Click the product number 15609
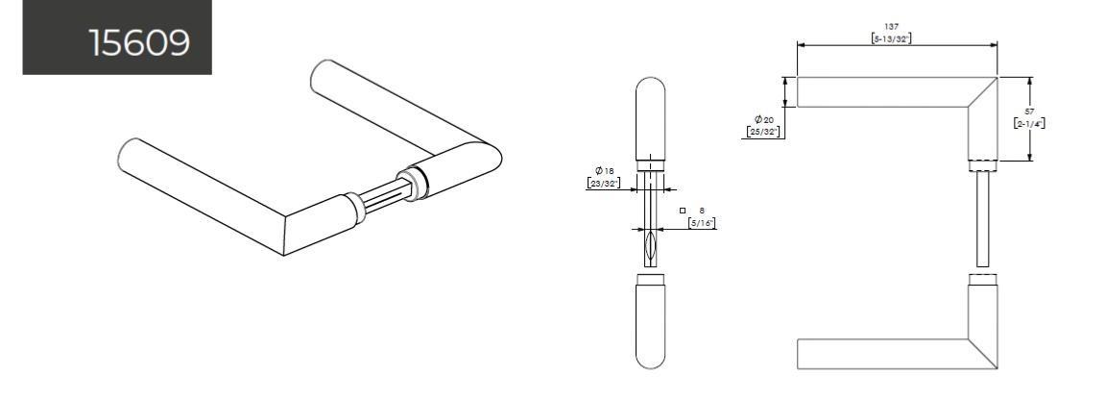pyautogui.click(x=139, y=43)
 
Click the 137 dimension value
pyautogui.click(x=892, y=26)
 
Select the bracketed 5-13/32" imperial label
pyautogui.click(x=892, y=38)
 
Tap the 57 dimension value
pyautogui.click(x=1029, y=112)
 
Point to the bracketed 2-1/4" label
pyautogui.click(x=1029, y=124)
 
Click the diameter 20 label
pyautogui.click(x=764, y=119)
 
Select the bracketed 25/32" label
pyautogui.click(x=763, y=132)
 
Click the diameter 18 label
pyautogui.click(x=605, y=171)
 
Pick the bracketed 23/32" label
pyautogui.click(x=603, y=183)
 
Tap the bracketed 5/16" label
pyautogui.click(x=702, y=223)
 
